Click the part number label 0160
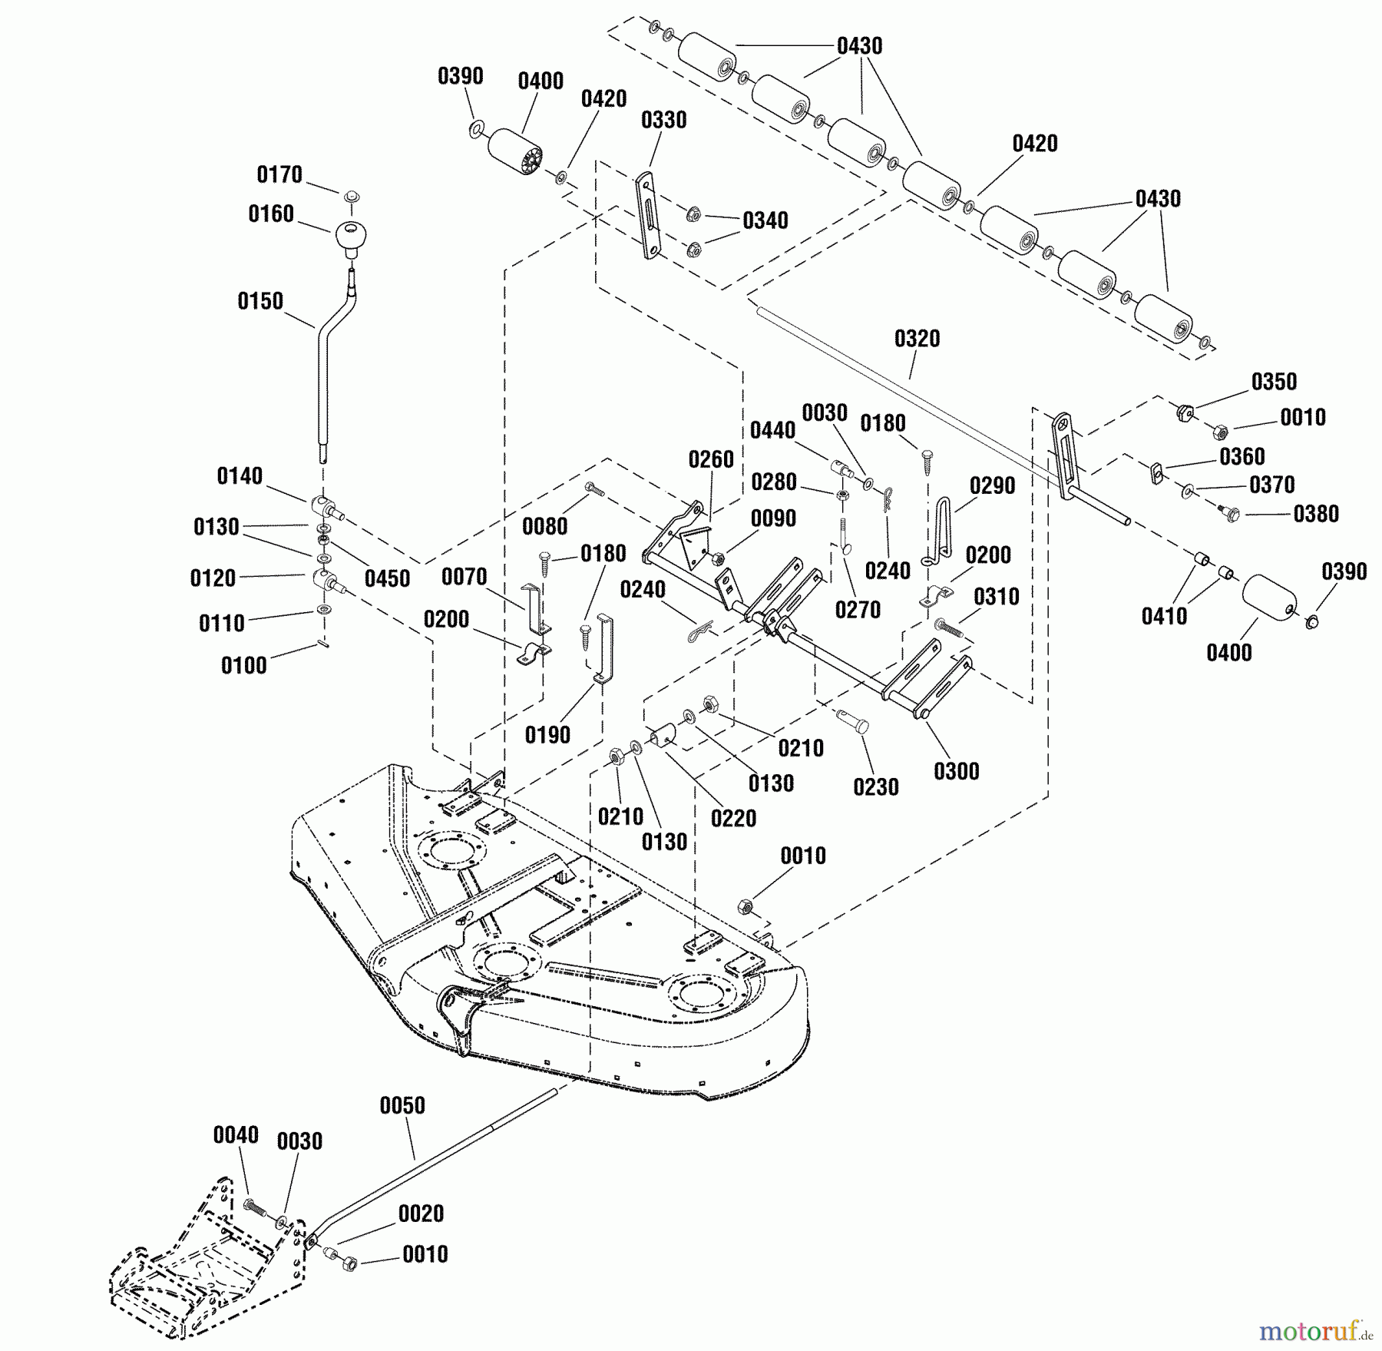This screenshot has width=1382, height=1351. pyautogui.click(x=271, y=214)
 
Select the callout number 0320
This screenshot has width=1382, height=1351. pyautogui.click(x=917, y=339)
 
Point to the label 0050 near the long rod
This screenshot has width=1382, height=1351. pyautogui.click(x=402, y=1105)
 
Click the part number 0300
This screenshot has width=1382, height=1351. pyautogui.click(x=957, y=771)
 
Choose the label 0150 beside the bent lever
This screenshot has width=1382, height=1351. pyautogui.click(x=260, y=301)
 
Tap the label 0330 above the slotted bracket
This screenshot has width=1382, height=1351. pyautogui.click(x=664, y=120)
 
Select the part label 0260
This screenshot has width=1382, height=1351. pyautogui.click(x=711, y=460)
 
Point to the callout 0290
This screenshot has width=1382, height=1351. pyautogui.click(x=993, y=485)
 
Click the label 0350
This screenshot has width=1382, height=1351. pyautogui.click(x=1275, y=382)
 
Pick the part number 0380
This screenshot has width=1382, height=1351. pyautogui.click(x=1317, y=514)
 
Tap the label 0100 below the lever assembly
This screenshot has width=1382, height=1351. pyautogui.click(x=244, y=665)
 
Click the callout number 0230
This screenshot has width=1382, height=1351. pyautogui.click(x=876, y=786)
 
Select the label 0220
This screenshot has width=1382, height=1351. pyautogui.click(x=734, y=818)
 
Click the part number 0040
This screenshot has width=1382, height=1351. pyautogui.click(x=236, y=1135)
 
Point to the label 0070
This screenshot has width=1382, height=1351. pyautogui.click(x=465, y=577)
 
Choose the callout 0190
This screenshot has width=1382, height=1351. pyautogui.click(x=548, y=735)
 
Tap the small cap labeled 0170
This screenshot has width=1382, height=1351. pyautogui.click(x=352, y=195)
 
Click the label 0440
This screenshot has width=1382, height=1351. pyautogui.click(x=772, y=431)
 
